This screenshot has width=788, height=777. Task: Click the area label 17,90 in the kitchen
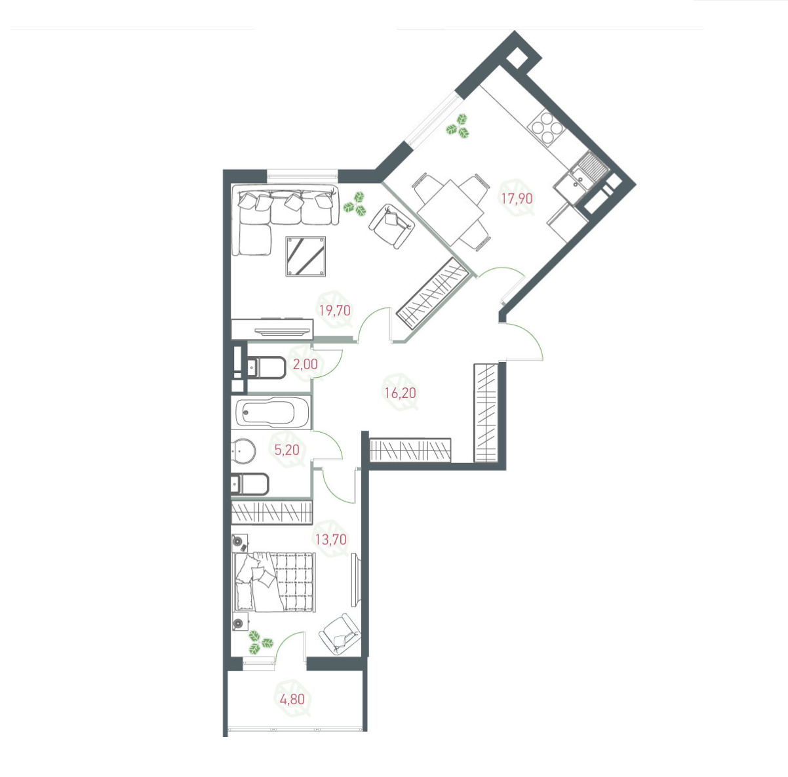pos(517,198)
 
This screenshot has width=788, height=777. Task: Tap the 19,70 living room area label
pos(334,311)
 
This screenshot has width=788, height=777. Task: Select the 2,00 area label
pos(305,365)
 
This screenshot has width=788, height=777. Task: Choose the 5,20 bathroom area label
pos(286,450)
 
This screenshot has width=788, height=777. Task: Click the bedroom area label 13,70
pos(330,540)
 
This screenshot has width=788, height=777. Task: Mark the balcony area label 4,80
pos(292,699)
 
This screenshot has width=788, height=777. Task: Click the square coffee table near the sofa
pos(306,256)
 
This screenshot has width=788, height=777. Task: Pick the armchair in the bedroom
pos(340,633)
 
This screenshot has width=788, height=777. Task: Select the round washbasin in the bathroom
pos(243,450)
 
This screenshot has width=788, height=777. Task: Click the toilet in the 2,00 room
pos(264,368)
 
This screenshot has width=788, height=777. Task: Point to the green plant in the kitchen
pos(458,126)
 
